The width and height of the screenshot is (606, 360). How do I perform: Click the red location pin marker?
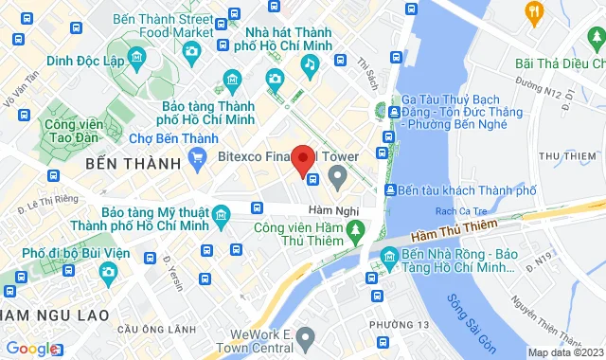point(303,160)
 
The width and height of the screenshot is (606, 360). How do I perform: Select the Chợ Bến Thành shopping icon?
point(198,159)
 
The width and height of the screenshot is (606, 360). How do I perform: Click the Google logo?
point(30,349)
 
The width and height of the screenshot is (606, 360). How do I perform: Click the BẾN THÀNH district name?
point(132,164)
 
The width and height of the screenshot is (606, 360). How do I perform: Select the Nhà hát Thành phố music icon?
point(309,63)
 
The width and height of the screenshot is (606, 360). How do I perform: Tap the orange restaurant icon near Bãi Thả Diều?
point(534,12)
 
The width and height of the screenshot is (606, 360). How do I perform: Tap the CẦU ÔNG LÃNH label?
point(146,329)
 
